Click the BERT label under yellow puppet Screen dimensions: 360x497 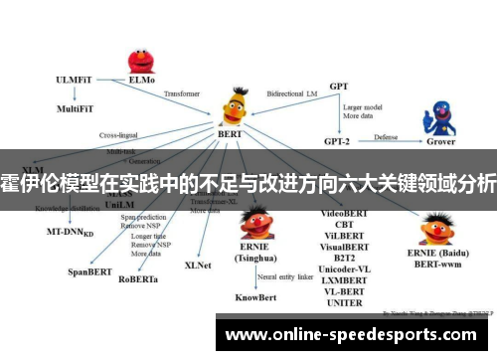pos(231,132)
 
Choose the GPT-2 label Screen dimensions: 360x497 pos(340,141)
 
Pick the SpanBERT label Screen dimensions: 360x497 pos(89,270)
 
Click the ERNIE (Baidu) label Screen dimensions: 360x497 pos(446,256)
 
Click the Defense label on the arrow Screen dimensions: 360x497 pos(387,137)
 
